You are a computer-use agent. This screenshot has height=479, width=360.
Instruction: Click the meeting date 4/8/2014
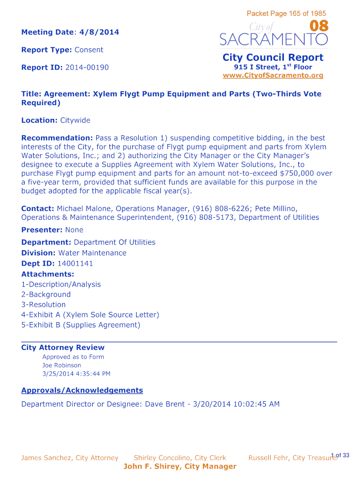tap(99, 32)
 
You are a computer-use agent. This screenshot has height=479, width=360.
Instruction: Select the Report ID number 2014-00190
tap(87, 67)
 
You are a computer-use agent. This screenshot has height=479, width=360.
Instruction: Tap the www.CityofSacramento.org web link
tap(273, 75)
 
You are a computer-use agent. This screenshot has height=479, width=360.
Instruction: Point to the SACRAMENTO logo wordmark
tap(274, 39)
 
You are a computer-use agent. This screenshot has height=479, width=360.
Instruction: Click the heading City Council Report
tap(273, 58)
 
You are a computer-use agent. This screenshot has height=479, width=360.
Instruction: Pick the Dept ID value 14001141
tap(75, 263)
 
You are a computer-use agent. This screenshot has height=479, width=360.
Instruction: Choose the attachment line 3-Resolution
tap(43, 305)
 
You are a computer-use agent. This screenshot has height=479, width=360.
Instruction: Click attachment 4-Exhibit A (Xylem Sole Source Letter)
tap(90, 315)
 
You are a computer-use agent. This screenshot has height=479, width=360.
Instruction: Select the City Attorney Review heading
tap(63, 348)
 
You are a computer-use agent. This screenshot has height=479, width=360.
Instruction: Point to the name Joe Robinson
tap(62, 365)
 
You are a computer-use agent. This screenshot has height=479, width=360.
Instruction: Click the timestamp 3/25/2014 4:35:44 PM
tap(76, 374)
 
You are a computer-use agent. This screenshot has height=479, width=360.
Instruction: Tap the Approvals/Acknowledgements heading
tap(82, 390)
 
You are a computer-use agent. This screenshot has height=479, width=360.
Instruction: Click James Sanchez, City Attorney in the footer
tap(70, 458)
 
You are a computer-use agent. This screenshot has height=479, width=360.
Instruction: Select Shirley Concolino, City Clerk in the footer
tap(180, 458)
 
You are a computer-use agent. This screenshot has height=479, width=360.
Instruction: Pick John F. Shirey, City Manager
tap(180, 466)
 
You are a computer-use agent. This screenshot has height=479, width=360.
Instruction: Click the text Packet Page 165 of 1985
tap(286, 14)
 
